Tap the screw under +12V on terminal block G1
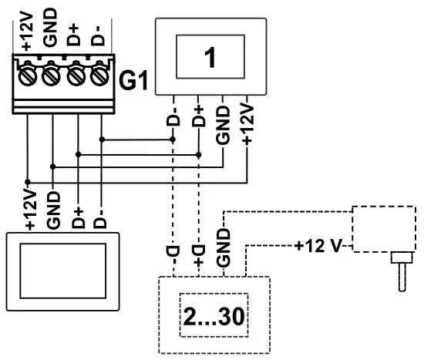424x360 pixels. click(x=28, y=77)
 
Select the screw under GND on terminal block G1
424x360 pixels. click(x=52, y=77)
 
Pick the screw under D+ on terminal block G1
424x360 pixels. click(x=76, y=77)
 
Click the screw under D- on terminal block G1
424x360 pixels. click(x=99, y=77)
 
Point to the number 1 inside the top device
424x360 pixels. click(x=210, y=58)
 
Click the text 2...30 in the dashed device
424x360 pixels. click(x=215, y=317)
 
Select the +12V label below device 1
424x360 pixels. click(x=247, y=123)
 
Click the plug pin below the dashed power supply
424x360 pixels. click(x=400, y=273)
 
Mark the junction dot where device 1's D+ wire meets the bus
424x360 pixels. click(x=199, y=153)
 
